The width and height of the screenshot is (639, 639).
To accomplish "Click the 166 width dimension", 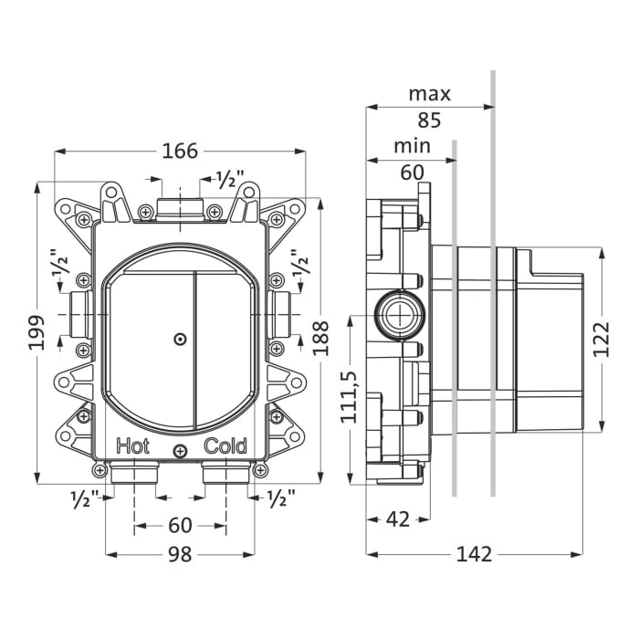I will pyautogui.click(x=180, y=151).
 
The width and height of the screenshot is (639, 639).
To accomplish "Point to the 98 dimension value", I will pyautogui.click(x=180, y=554).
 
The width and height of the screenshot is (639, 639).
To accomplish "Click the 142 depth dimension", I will pyautogui.click(x=474, y=554).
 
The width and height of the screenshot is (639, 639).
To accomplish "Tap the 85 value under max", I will pyautogui.click(x=429, y=119).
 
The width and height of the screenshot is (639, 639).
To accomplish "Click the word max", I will pyautogui.click(x=429, y=93).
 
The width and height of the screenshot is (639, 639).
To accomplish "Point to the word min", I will pyautogui.click(x=412, y=146).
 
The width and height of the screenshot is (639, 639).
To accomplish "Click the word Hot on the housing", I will pyautogui.click(x=133, y=446).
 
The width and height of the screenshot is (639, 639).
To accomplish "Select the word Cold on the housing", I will pyautogui.click(x=225, y=446).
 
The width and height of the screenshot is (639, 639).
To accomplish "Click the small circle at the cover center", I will pyautogui.click(x=180, y=340).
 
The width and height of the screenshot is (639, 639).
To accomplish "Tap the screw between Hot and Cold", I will pyautogui.click(x=180, y=449).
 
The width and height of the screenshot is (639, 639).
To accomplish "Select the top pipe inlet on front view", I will pyautogui.click(x=180, y=208).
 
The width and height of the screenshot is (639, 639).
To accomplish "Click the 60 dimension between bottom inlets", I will pyautogui.click(x=180, y=525).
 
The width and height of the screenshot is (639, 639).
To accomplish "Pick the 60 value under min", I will pyautogui.click(x=412, y=172).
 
